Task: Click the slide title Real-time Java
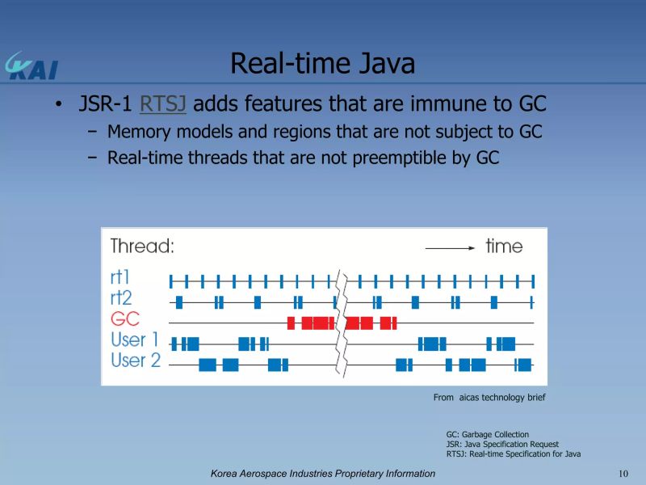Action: click(x=322, y=63)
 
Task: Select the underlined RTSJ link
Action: click(x=163, y=104)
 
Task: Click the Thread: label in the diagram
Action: click(x=142, y=247)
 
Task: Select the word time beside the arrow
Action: click(x=504, y=247)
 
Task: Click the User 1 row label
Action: click(x=134, y=341)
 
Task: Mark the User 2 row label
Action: click(x=135, y=361)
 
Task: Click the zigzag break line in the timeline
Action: click(x=341, y=323)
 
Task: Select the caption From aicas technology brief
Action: click(x=489, y=397)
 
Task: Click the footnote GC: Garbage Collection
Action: click(x=487, y=435)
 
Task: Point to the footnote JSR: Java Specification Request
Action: click(x=501, y=445)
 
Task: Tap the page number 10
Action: click(x=623, y=473)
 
